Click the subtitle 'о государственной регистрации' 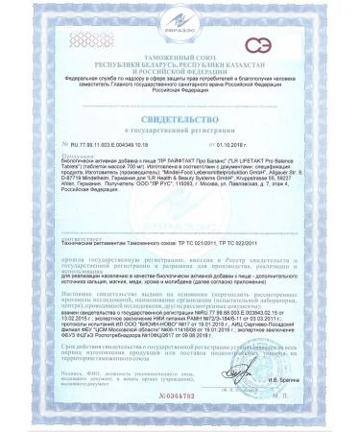click(x=180, y=127)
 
